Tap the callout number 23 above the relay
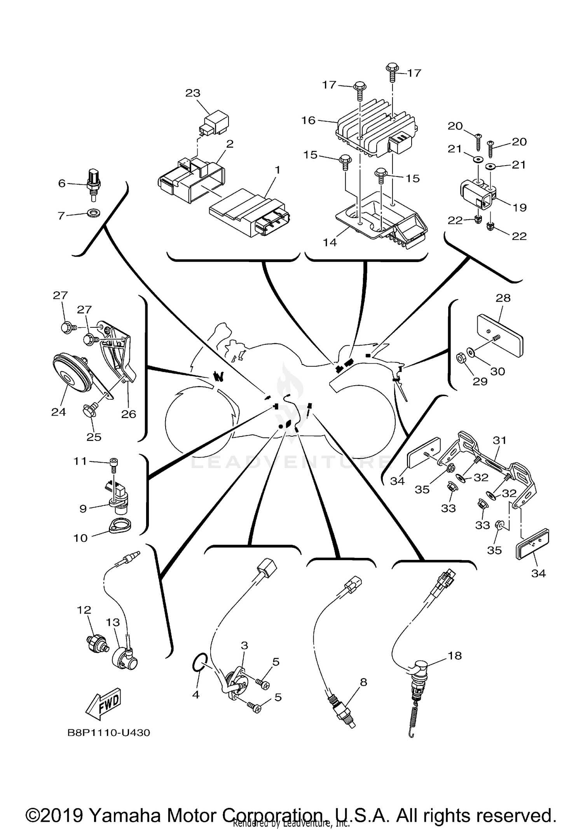point(193,93)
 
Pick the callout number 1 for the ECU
point(277,170)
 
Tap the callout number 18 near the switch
point(455,656)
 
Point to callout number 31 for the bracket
point(499,440)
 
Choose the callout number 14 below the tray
point(330,242)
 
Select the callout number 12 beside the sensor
point(84,610)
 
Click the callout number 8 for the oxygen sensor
point(363,682)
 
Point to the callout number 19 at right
point(519,208)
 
